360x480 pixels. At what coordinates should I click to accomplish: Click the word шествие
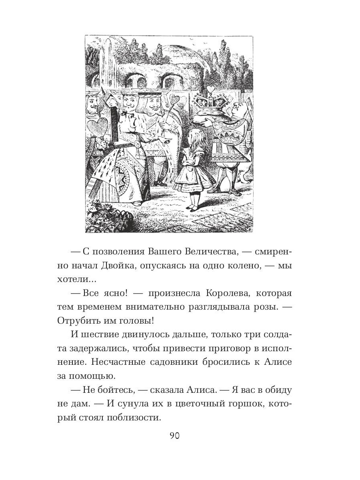point(98,335)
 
